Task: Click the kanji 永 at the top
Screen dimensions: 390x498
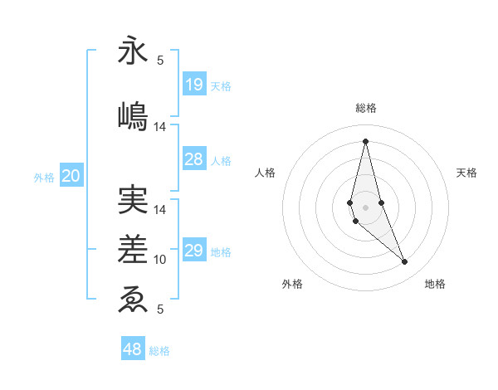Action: click(x=133, y=51)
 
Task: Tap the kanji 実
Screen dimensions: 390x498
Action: click(x=133, y=200)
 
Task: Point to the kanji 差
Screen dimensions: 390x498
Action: click(x=133, y=249)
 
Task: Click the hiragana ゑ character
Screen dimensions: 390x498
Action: click(x=133, y=299)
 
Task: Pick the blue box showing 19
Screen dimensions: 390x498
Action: click(x=194, y=85)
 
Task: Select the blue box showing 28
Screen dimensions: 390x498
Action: click(x=194, y=160)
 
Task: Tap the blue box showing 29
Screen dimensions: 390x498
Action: click(x=194, y=251)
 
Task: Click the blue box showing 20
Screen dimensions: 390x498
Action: click(x=71, y=176)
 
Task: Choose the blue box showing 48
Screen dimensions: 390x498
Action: click(x=133, y=349)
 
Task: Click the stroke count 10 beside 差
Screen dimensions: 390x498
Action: click(x=160, y=260)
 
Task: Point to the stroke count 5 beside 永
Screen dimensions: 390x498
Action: click(x=160, y=60)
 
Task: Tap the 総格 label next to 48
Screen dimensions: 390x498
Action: click(x=159, y=351)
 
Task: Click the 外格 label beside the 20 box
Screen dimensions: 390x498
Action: click(x=44, y=177)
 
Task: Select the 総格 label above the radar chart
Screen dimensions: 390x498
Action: click(x=365, y=108)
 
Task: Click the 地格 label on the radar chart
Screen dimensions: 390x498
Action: click(x=435, y=284)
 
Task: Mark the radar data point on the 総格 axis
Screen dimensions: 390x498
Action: click(x=365, y=140)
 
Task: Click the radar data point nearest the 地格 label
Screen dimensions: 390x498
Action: click(x=405, y=262)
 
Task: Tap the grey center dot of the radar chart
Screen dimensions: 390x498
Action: click(x=365, y=207)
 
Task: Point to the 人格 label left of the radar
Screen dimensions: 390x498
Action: click(x=266, y=173)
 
